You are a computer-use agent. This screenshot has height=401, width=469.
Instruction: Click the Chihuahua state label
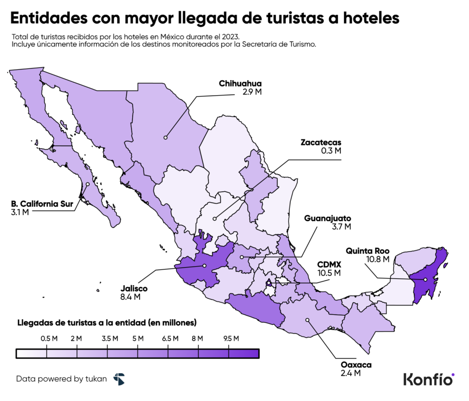[x=240, y=83]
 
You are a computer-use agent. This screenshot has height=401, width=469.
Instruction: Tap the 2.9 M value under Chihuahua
[x=252, y=92]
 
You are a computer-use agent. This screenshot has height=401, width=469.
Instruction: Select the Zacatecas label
[x=321, y=142]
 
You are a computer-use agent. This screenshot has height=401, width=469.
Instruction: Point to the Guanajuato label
[x=328, y=218]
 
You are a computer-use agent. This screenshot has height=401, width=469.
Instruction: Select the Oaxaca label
[x=356, y=365]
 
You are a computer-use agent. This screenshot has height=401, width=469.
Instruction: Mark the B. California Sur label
[x=42, y=204]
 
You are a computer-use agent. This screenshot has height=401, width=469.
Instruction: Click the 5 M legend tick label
[x=138, y=339]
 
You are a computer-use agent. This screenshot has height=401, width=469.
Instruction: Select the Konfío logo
[x=428, y=379]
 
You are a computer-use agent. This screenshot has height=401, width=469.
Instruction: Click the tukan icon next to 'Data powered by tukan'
[x=119, y=379]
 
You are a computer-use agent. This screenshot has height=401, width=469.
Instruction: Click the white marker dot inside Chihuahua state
[x=165, y=136]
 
